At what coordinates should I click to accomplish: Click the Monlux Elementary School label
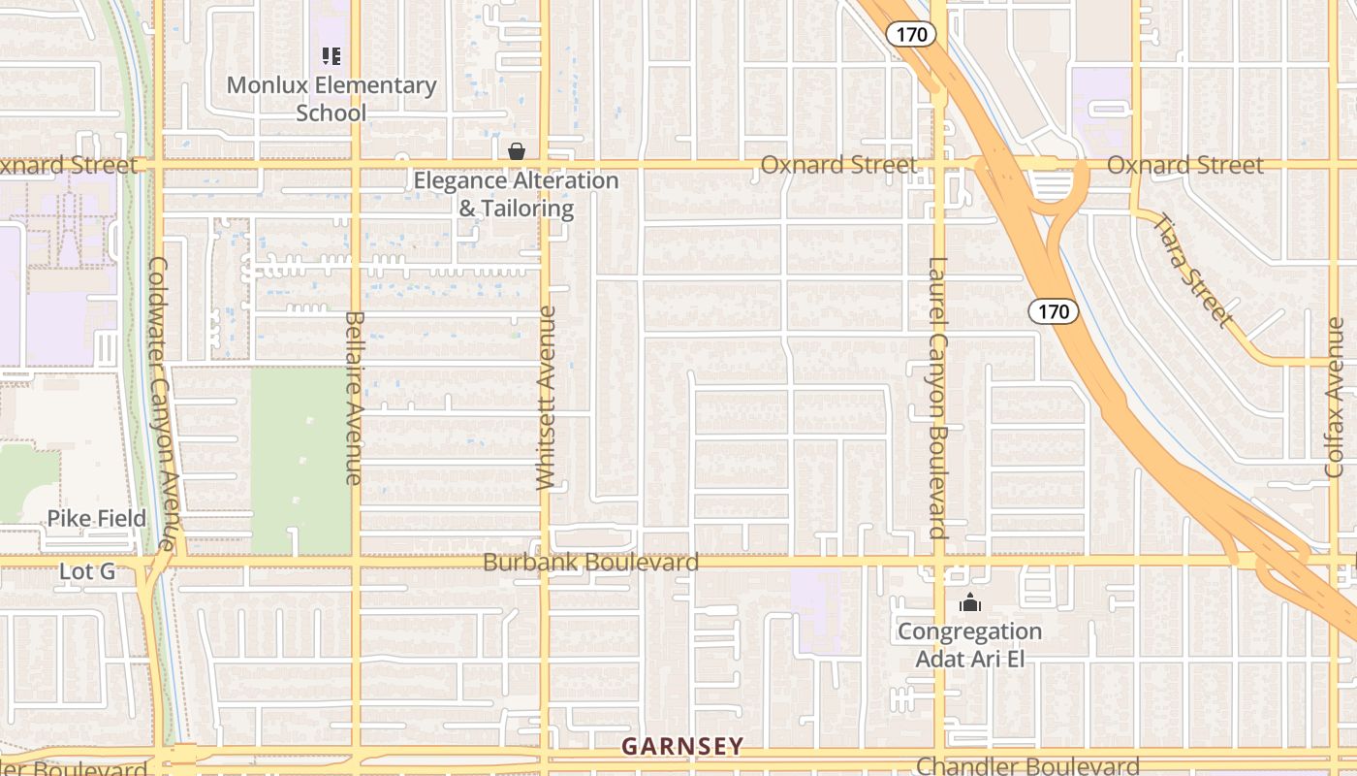pyautogui.click(x=331, y=99)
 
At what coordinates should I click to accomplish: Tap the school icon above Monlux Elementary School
pyautogui.click(x=331, y=56)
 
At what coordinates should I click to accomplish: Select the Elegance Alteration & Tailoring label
pyautogui.click(x=516, y=194)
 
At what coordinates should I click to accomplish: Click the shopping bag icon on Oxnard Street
pyautogui.click(x=517, y=151)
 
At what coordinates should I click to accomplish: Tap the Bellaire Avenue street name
pyautogui.click(x=354, y=398)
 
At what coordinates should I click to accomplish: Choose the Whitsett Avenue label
pyautogui.click(x=547, y=398)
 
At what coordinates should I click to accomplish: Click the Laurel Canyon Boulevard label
pyautogui.click(x=937, y=398)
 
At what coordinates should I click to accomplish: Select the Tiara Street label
pyautogui.click(x=1193, y=269)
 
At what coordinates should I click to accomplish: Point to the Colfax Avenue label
pyautogui.click(x=1335, y=398)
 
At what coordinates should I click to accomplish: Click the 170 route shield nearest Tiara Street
pyautogui.click(x=1053, y=311)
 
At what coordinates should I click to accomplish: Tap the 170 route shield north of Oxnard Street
pyautogui.click(x=911, y=35)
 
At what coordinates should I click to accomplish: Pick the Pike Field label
pyautogui.click(x=97, y=519)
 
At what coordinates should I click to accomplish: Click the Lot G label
pyautogui.click(x=87, y=572)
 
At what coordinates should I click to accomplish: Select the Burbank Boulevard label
pyautogui.click(x=590, y=563)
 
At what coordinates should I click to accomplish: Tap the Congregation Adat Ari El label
pyautogui.click(x=969, y=645)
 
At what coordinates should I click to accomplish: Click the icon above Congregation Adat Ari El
pyautogui.click(x=969, y=603)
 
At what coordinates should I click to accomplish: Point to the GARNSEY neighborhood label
pyautogui.click(x=682, y=746)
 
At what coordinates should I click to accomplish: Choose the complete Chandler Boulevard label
pyautogui.click(x=1027, y=766)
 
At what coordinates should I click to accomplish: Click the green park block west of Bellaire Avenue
pyautogui.click(x=300, y=461)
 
